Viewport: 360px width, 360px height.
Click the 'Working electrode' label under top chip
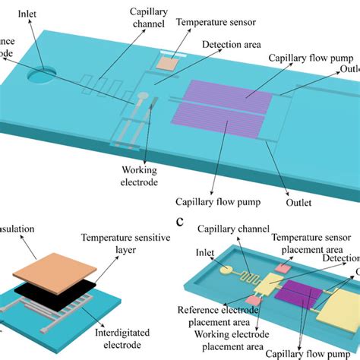[x=141, y=176]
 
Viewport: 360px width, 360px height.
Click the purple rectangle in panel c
[x=294, y=292]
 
